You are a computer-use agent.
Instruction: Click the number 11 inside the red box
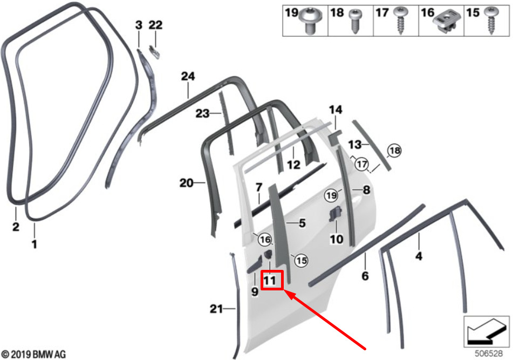point(270,281)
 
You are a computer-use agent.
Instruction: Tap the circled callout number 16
point(265,240)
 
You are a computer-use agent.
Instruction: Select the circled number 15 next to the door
point(302,261)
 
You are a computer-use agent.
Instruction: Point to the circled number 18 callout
point(394,151)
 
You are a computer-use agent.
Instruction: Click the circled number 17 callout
point(362,164)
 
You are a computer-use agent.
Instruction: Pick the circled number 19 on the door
point(331,196)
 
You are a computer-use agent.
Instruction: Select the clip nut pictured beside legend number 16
point(447,21)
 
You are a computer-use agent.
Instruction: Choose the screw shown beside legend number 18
point(355,21)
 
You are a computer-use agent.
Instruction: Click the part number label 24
point(188,76)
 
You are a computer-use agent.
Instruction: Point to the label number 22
point(155,25)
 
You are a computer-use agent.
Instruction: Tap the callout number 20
point(187,182)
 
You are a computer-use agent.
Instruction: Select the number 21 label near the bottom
point(216,309)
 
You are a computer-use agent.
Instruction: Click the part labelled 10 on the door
point(334,214)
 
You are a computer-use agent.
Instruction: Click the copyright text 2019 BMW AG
point(33,354)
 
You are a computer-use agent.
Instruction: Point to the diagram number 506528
point(489,354)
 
